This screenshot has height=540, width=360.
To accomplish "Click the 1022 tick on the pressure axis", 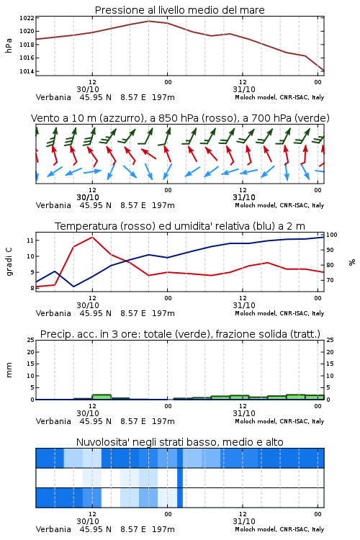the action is pos(27,18).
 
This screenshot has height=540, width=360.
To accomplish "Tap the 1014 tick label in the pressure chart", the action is pos(27,71).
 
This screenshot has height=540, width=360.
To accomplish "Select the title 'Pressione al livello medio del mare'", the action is pos(179,10).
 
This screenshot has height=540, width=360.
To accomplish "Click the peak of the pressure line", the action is pos(148,21).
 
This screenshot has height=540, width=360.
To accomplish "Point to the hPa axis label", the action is pos(9,45).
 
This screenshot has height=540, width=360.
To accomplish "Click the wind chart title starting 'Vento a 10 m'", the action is pos(180,118).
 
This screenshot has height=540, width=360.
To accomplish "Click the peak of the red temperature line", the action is pos(92,237).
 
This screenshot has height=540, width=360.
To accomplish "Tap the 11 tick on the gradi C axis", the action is pos(30,240).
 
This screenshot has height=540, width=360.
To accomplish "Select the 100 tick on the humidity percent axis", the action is pos(332,235).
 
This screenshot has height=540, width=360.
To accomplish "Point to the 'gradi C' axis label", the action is pos(9,261).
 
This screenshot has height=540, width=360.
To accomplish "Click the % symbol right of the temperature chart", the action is pos(352,262).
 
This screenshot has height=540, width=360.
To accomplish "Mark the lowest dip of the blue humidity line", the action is pos(73,287).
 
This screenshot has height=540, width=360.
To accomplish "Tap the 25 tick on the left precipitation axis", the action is pos(30,340).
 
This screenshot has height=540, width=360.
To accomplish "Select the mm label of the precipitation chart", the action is pos(9,370).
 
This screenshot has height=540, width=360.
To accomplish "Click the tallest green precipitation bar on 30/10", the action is pos(102,397).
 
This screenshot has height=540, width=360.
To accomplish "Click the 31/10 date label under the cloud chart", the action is pos(244,521).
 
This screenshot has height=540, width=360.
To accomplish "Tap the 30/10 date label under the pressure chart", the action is pos(88,89).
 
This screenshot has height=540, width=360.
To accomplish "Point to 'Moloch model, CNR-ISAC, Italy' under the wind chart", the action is pos(279,205).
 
